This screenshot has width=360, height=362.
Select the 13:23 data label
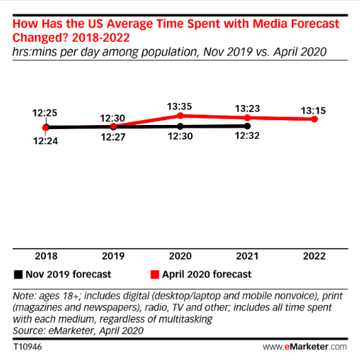(x=247, y=108)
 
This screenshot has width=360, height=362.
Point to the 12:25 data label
(x=45, y=112)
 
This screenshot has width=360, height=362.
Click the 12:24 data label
(x=45, y=141)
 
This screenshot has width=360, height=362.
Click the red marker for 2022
(x=314, y=119)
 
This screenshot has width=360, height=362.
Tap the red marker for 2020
(x=180, y=115)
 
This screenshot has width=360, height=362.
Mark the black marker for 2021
(x=247, y=126)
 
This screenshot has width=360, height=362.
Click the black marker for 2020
(x=180, y=126)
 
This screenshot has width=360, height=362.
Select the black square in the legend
(x=16, y=274)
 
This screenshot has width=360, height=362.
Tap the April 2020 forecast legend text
(x=207, y=274)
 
